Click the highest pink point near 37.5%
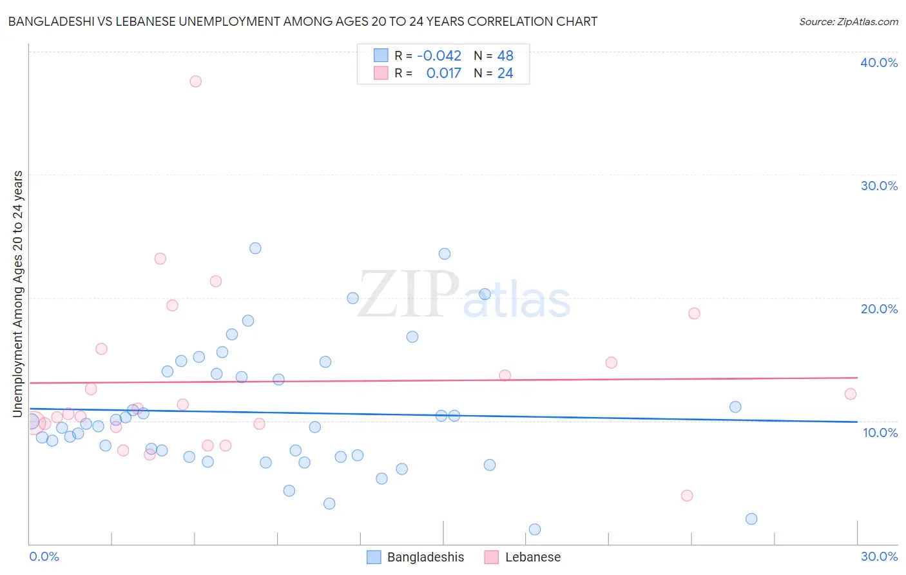195,81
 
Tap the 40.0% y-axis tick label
878,63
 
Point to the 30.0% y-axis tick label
878,186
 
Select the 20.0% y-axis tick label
878,309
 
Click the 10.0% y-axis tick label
880,433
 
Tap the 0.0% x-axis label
44,556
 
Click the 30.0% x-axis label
878,556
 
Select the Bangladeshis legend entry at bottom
416,557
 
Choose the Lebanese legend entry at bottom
523,557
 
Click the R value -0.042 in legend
439,56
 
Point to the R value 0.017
443,73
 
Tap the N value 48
505,56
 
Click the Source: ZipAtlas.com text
848,22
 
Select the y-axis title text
17,293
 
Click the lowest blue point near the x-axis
534,529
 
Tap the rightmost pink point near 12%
850,394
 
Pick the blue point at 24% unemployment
255,248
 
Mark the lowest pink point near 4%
687,496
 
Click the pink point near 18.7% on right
694,313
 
